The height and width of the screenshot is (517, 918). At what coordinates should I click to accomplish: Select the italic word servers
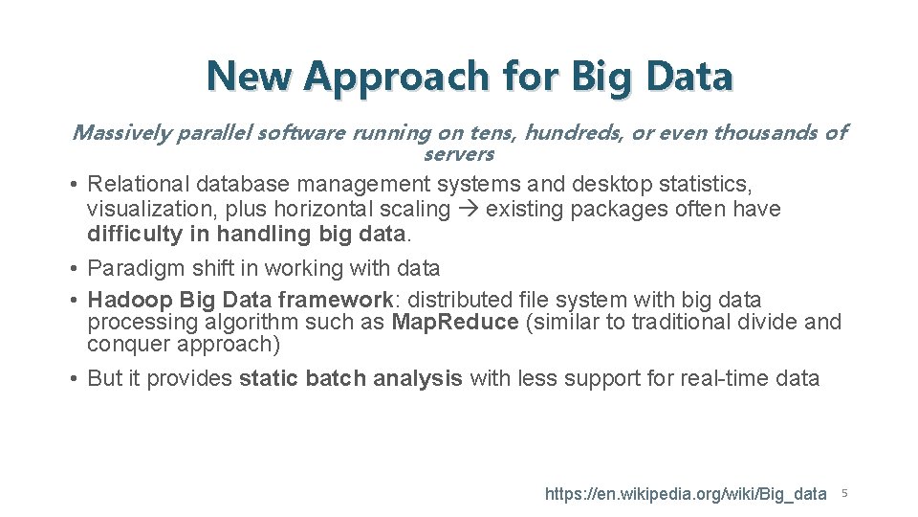pos(458,153)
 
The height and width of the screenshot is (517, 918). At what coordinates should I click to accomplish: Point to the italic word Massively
pos(120,132)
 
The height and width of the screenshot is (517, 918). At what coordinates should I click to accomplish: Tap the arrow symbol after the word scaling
pos(467,209)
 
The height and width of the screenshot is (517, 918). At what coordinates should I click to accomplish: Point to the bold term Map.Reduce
pos(455,322)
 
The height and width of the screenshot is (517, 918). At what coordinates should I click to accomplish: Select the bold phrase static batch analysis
pos(350,378)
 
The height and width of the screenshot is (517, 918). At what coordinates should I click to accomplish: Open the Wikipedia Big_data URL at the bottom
pos(685,494)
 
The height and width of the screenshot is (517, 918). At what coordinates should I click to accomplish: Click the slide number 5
pos(844,494)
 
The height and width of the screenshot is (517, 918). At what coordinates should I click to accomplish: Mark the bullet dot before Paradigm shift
pos(74,269)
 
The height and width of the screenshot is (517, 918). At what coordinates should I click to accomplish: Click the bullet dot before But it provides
pos(74,378)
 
